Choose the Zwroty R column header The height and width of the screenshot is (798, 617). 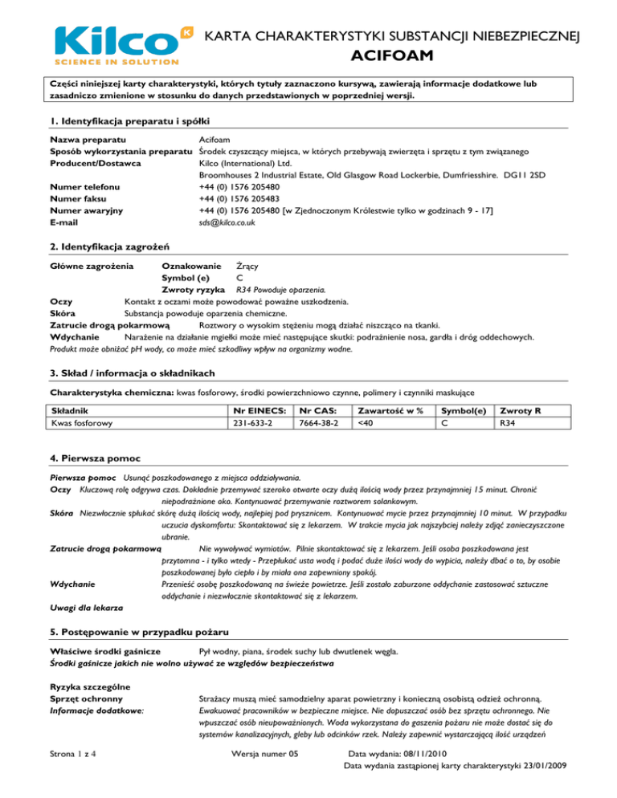click(x=522, y=409)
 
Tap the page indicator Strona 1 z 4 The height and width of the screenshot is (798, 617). click(x=78, y=775)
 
